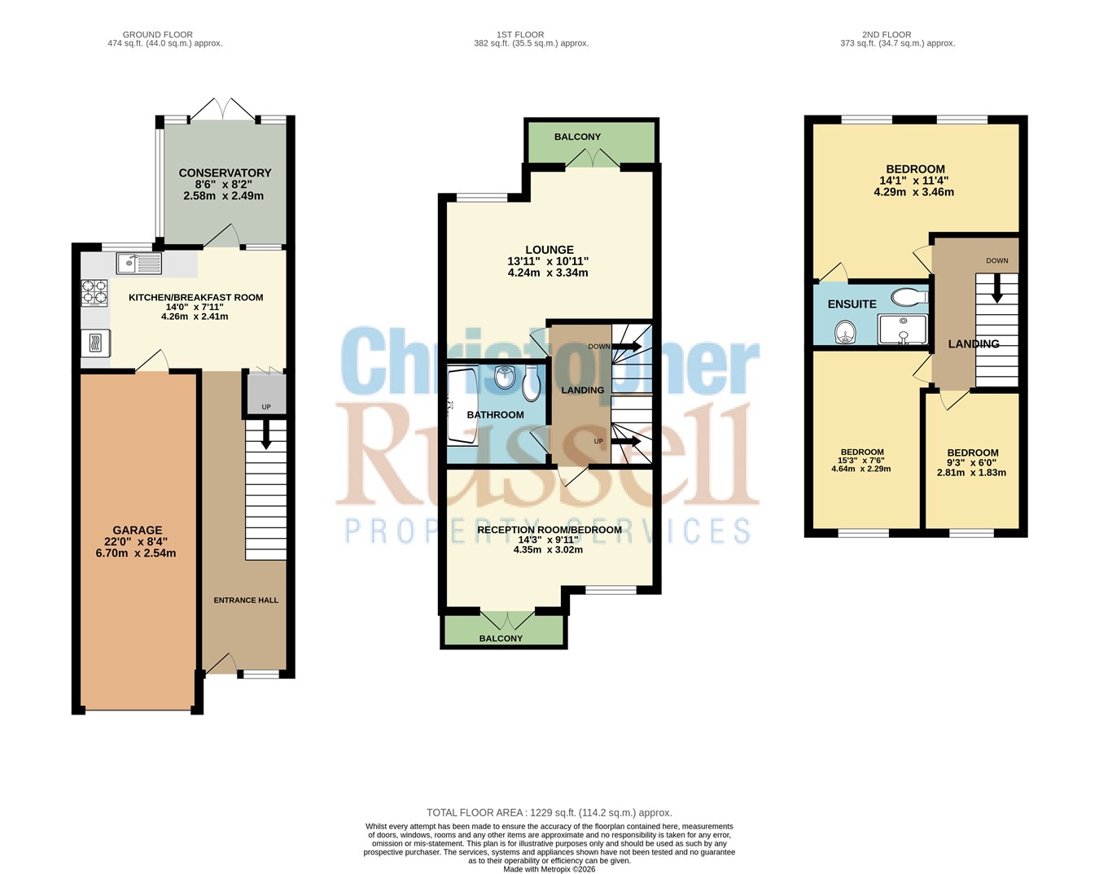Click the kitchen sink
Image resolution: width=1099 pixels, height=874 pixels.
click(139, 264)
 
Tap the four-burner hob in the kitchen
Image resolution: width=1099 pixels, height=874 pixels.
click(94, 292)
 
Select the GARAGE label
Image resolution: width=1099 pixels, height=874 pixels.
click(138, 531)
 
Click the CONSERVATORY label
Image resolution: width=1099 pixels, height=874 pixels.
click(225, 173)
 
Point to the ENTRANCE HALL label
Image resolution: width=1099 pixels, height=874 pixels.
click(246, 601)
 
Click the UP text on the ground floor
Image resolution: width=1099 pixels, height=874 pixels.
click(266, 407)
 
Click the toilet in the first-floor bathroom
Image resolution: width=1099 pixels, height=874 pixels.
click(532, 383)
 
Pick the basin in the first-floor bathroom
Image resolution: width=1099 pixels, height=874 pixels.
click(505, 377)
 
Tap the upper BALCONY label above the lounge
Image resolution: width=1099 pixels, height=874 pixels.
click(578, 137)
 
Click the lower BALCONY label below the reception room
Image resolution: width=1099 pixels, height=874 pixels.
click(501, 638)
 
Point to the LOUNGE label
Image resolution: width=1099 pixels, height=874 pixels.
click(549, 250)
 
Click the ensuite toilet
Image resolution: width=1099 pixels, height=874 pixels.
click(909, 296)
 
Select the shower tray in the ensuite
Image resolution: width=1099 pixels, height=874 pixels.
click(902, 330)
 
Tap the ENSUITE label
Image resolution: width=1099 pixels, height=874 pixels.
click(852, 304)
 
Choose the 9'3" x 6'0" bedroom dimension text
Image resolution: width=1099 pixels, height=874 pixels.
click(972, 462)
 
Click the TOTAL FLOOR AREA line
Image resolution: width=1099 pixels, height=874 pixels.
click(549, 813)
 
